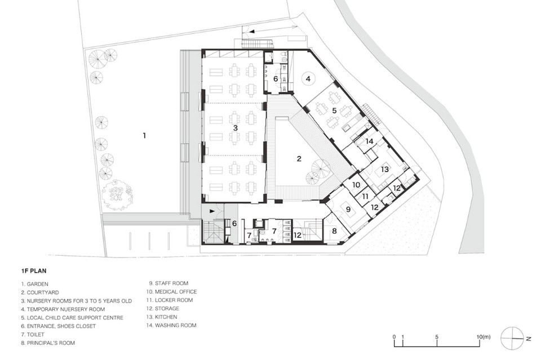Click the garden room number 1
144,136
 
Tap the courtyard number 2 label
299,159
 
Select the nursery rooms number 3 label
236,128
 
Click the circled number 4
308,79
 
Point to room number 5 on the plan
334,110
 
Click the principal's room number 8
334,230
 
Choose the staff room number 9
348,209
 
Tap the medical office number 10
356,184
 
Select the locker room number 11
365,196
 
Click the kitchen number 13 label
384,169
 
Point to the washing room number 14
369,141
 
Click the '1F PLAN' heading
33,270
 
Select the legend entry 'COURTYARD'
39,292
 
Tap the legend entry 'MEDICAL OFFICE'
171,292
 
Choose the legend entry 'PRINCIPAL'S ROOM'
48,343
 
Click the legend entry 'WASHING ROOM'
171,325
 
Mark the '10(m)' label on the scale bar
484,337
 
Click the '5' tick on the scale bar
437,337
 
